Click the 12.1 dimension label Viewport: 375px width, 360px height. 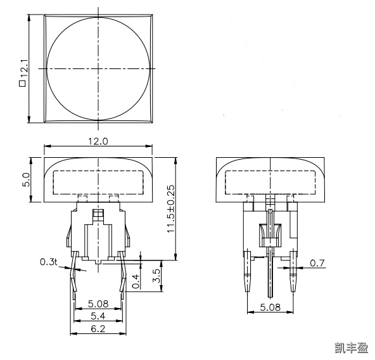click(x=23, y=65)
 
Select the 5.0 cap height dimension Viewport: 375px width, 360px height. click(x=27, y=179)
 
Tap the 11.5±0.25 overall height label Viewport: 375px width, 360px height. click(x=170, y=209)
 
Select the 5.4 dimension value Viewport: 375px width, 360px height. click(x=98, y=315)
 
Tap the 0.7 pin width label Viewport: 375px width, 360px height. click(x=317, y=262)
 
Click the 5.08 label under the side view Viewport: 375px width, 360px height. click(x=270, y=308)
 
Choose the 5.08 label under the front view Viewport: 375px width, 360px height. click(x=98, y=304)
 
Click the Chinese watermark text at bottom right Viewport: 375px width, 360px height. click(x=351, y=347)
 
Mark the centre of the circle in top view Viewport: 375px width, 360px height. click(x=99, y=68)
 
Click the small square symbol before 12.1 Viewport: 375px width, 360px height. click(x=23, y=83)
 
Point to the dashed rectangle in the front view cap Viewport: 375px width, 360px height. click(x=98, y=181)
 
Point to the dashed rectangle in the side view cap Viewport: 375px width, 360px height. click(x=270, y=181)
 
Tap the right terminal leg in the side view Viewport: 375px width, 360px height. click(x=293, y=273)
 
